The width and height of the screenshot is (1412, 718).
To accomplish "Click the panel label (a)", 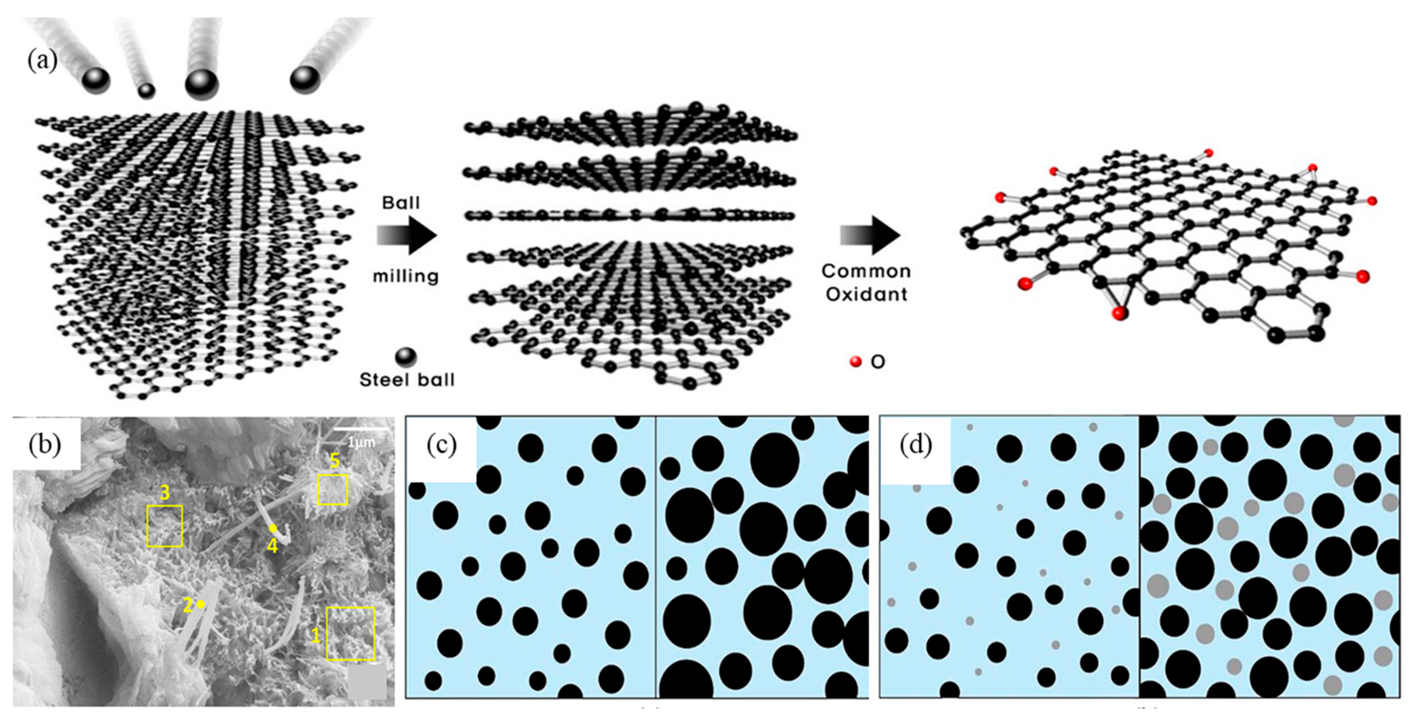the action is pyautogui.click(x=42, y=60).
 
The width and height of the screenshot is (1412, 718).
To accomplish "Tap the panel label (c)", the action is pyautogui.click(x=441, y=445).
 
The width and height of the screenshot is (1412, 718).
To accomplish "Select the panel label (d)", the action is pyautogui.click(x=915, y=445).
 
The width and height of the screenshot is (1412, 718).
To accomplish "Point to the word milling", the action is pyautogui.click(x=406, y=276).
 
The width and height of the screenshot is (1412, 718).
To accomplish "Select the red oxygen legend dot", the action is pyautogui.click(x=855, y=362).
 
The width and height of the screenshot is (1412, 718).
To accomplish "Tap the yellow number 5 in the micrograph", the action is pyautogui.click(x=334, y=461).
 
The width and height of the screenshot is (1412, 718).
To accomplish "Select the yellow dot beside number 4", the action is pyautogui.click(x=272, y=528).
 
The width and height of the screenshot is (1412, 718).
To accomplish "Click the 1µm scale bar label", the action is pyautogui.click(x=362, y=442).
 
